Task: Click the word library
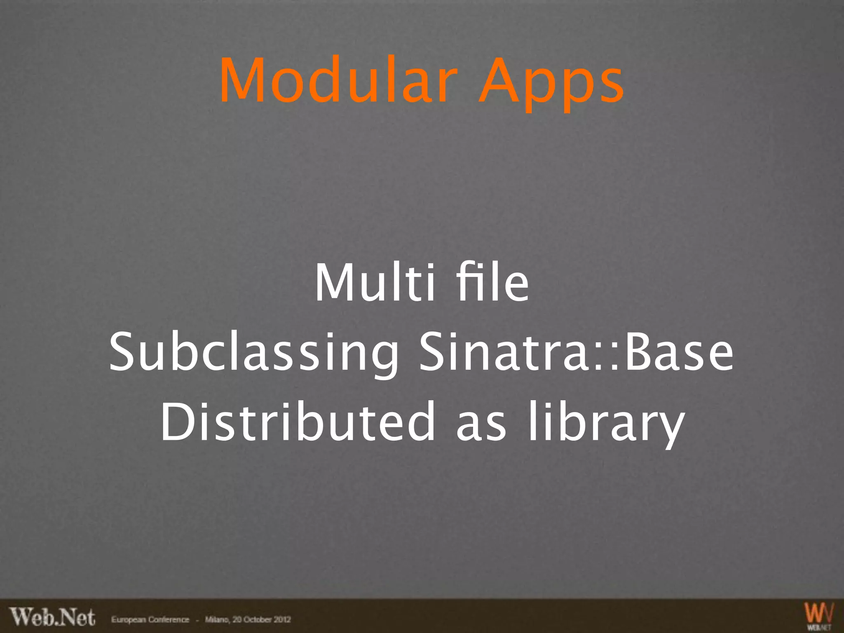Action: [x=606, y=424]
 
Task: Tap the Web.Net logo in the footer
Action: [x=53, y=617]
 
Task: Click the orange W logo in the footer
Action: [x=819, y=614]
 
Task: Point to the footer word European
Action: [x=127, y=619]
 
